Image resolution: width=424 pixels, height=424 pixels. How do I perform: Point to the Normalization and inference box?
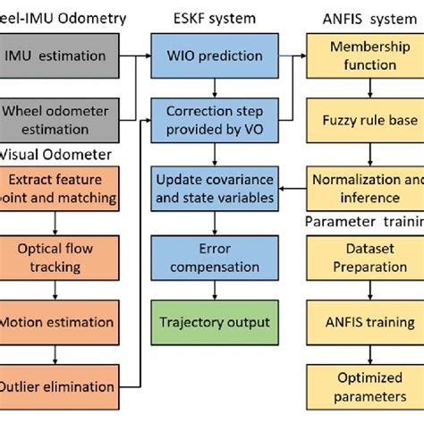(x=367, y=188)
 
